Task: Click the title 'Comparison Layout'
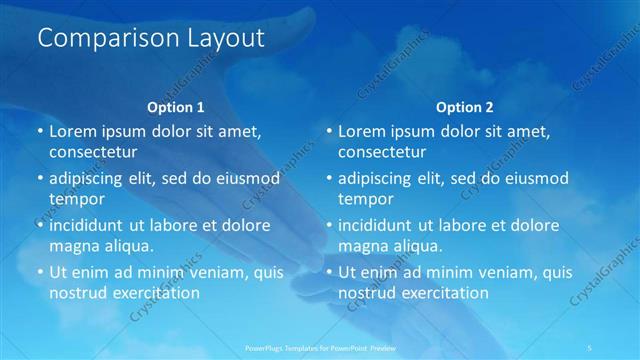(x=151, y=39)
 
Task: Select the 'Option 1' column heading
(x=176, y=106)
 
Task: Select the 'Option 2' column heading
(x=465, y=106)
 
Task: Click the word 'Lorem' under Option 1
(x=74, y=131)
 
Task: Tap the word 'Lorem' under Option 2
(x=363, y=131)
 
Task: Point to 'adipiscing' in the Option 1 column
(x=92, y=178)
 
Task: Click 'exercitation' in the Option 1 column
(x=154, y=294)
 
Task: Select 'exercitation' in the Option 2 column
(x=443, y=294)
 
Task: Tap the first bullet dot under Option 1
(x=40, y=132)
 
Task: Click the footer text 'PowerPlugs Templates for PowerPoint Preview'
(x=321, y=347)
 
